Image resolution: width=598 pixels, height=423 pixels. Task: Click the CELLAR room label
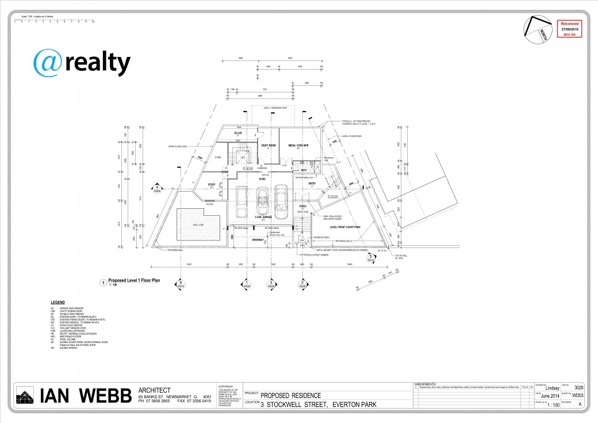click(x=237, y=133)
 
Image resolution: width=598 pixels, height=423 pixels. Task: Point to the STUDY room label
click(x=212, y=185)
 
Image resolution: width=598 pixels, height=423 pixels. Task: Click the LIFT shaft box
click(x=243, y=157)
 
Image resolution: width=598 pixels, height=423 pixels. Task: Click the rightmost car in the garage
click(x=281, y=201)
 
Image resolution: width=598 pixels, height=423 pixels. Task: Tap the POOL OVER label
click(x=197, y=225)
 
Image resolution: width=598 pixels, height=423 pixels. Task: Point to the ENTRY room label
click(x=312, y=184)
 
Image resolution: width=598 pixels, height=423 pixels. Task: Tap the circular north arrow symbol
click(x=535, y=29)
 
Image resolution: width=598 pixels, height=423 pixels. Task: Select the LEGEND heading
click(x=57, y=302)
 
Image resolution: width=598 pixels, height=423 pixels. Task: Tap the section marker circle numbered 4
click(x=156, y=188)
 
